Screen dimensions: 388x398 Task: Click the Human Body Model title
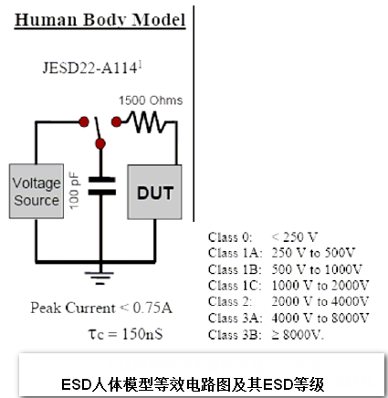pos(100,20)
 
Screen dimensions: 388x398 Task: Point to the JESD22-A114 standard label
pos(92,68)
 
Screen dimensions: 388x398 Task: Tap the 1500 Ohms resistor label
pos(151,100)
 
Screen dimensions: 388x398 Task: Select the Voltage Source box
pos(37,191)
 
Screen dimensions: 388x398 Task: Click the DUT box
pos(154,192)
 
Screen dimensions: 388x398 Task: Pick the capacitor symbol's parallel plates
pos(102,186)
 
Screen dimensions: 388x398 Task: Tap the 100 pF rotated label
pos(74,192)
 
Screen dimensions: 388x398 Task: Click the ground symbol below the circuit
pos(100,278)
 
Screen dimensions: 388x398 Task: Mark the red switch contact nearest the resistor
pos(116,122)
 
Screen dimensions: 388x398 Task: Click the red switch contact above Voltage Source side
pos(84,121)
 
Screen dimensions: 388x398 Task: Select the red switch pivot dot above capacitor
pos(100,143)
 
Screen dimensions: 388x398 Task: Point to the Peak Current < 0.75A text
pos(101,308)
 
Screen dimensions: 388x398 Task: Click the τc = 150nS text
pos(125,333)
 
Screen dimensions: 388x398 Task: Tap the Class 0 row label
pos(230,237)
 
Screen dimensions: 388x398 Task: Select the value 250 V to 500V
pos(313,253)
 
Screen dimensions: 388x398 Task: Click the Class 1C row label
pos(235,286)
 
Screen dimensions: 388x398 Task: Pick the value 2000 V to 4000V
pos(320,301)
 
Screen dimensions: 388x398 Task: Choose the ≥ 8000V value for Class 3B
pos(298,334)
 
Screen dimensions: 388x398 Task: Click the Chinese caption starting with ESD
pos(193,384)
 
